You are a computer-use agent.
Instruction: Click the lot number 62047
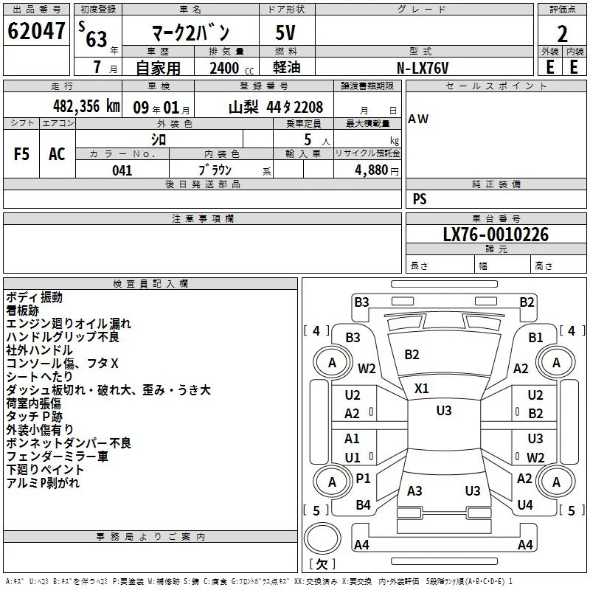click(x=36, y=31)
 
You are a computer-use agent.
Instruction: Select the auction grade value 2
click(x=562, y=34)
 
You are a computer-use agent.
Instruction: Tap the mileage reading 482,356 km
click(x=86, y=106)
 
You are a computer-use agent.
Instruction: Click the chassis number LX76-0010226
click(x=496, y=235)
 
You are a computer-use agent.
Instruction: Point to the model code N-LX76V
click(x=423, y=68)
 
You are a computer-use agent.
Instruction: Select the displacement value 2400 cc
click(x=232, y=68)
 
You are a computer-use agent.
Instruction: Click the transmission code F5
click(x=21, y=154)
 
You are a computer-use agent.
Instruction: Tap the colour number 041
click(x=122, y=170)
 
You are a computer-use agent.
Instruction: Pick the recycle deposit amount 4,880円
click(x=377, y=170)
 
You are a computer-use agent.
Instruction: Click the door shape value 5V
click(x=285, y=32)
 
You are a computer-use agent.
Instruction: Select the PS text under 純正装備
click(x=420, y=198)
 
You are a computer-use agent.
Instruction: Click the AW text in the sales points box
click(x=418, y=119)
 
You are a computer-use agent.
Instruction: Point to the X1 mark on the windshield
click(x=421, y=389)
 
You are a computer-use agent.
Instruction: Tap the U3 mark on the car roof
click(x=444, y=411)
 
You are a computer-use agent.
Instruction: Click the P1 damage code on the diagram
click(x=363, y=478)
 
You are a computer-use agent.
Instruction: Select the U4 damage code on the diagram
click(x=525, y=504)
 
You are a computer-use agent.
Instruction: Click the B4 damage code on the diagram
click(x=363, y=504)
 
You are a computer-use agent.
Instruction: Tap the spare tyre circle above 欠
click(x=322, y=538)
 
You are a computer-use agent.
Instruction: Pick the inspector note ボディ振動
click(x=34, y=297)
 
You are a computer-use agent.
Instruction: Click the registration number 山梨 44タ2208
click(x=276, y=107)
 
